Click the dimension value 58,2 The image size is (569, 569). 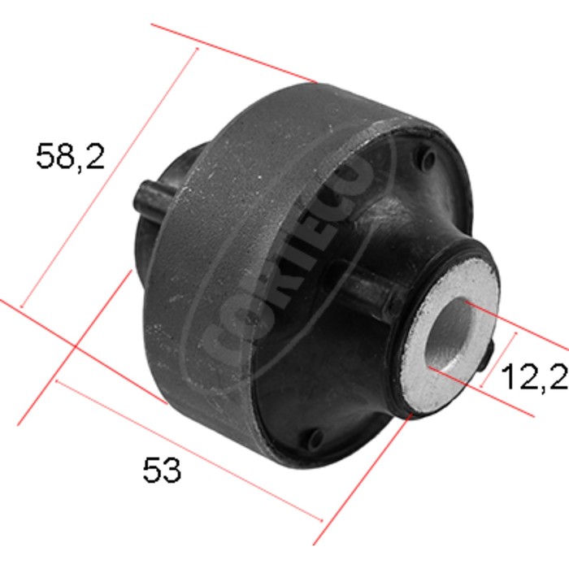tap(71, 156)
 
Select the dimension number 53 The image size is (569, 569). tap(162, 470)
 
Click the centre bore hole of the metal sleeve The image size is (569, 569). tap(450, 332)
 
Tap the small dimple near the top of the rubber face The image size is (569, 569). tap(428, 158)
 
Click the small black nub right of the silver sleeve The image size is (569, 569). tap(488, 358)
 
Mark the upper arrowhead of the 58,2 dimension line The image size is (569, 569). tap(198, 48)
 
